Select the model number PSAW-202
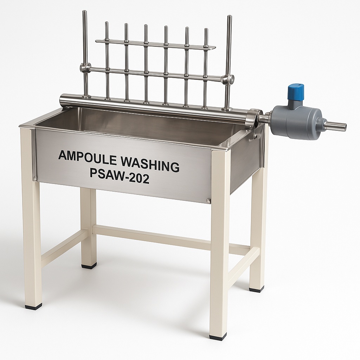coord(120,178)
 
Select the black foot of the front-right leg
coord(218,337)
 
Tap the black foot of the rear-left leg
coord(89,266)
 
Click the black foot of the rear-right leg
coord(256,289)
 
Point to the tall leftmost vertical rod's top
coord(84,13)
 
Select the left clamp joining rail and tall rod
coord(85,68)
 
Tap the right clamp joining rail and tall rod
coord(228,79)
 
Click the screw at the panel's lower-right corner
coord(208,201)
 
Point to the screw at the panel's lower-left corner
coord(35,179)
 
